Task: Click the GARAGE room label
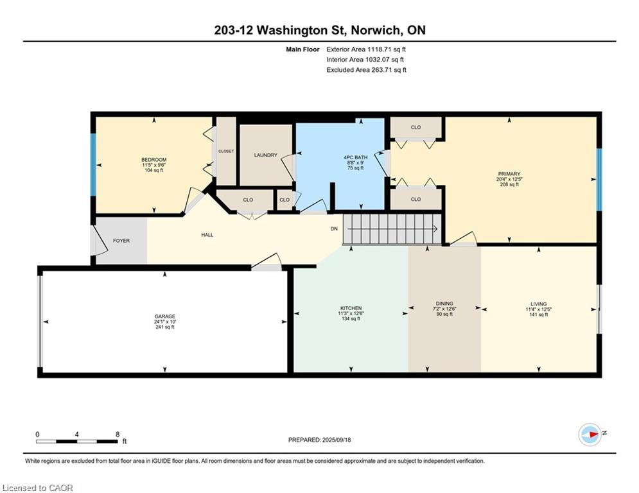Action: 164,316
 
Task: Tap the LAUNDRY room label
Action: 266,155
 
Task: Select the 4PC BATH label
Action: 355,157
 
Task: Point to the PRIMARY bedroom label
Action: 509,174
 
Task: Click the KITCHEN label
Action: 351,308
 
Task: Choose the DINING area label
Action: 444,304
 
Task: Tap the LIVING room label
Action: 538,304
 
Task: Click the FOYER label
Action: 121,241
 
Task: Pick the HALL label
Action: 207,235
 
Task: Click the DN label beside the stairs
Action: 334,229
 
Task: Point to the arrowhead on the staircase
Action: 435,229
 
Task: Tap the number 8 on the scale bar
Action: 118,435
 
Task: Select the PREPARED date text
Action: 320,440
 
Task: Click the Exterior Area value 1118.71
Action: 380,49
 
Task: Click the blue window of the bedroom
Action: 93,164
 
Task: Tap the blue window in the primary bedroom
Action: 599,180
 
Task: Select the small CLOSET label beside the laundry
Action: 226,151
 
